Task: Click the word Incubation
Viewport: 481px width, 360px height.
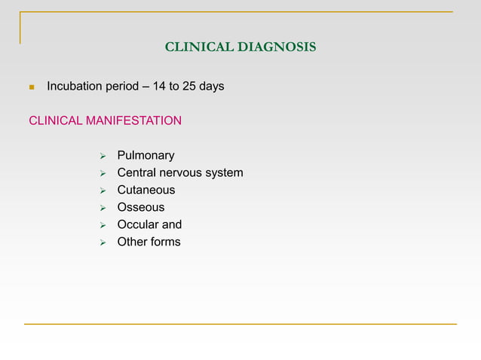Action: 74,87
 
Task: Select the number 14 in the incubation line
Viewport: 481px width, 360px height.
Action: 158,87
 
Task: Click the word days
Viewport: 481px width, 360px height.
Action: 212,87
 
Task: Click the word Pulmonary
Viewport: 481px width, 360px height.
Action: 146,156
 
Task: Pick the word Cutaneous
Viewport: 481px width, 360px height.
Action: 146,191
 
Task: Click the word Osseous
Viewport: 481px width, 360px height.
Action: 141,207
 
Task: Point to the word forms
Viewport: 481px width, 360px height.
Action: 165,242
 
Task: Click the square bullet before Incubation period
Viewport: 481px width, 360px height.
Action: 31,87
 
